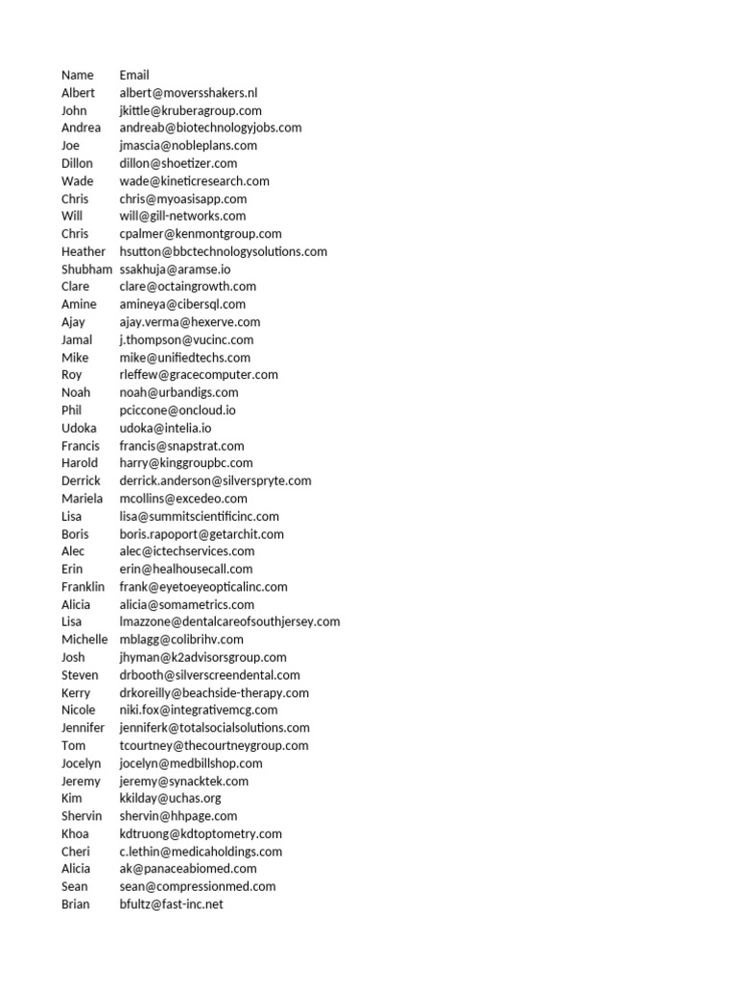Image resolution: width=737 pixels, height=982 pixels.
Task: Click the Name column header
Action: [x=78, y=75]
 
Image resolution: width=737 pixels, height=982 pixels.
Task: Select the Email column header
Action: [x=134, y=75]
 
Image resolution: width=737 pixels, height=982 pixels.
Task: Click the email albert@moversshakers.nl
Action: [x=188, y=93]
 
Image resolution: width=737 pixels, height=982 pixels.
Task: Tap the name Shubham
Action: [x=86, y=269]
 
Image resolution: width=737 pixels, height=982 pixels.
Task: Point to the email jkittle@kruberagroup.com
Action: [x=190, y=110]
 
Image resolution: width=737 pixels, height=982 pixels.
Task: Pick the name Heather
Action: [x=83, y=251]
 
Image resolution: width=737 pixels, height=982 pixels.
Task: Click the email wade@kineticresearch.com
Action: [x=194, y=181]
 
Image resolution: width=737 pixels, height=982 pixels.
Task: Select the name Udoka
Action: [x=80, y=428]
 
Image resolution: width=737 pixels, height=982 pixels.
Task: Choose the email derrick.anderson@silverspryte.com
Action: [x=215, y=480]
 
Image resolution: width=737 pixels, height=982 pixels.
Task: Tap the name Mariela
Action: [x=83, y=499]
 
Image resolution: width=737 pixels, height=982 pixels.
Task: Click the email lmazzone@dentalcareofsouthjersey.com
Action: [x=229, y=621]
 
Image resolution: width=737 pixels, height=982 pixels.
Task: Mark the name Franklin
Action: [x=83, y=587]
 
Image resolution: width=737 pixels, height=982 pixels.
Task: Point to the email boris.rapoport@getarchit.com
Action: [x=202, y=534]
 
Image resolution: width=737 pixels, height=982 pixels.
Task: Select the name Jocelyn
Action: [x=82, y=763]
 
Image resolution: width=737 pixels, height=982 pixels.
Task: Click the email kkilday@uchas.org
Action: [x=171, y=798]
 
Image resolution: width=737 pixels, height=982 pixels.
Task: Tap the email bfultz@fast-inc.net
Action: [x=171, y=904]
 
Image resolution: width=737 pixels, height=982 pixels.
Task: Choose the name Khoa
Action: [x=75, y=833]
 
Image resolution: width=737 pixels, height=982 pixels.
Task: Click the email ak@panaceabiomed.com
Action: [x=188, y=869]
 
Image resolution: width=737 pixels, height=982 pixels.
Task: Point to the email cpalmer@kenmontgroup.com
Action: [x=201, y=234]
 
